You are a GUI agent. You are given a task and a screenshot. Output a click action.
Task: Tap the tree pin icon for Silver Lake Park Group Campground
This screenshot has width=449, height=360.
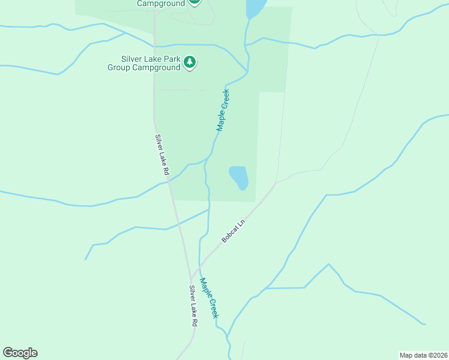tap(190, 62)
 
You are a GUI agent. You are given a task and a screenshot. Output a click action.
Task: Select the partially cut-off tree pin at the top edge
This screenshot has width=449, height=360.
tap(194, 2)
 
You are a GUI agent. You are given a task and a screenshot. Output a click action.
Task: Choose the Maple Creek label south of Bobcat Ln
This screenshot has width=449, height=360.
tap(209, 298)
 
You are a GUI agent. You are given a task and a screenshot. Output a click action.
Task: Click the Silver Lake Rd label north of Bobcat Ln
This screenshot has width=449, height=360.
tap(162, 155)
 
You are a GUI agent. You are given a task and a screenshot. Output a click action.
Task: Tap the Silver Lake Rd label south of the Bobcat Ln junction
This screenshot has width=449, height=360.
tap(193, 306)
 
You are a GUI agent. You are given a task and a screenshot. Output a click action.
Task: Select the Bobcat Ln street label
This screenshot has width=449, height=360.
tap(234, 231)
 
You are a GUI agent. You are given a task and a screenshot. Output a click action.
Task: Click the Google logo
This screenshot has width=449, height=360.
tap(20, 353)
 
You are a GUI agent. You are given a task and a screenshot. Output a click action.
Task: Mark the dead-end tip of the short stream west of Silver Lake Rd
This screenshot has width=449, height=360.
tap(85, 260)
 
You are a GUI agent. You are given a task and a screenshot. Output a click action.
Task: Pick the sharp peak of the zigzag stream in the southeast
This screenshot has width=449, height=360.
tap(328, 264)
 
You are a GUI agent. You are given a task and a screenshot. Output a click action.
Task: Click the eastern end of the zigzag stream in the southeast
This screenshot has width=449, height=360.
tap(425, 324)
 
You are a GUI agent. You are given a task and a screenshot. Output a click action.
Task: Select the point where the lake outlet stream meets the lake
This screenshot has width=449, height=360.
tap(247, 19)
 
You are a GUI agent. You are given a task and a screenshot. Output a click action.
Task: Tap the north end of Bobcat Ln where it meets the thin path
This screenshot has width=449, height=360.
tap(276, 183)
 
